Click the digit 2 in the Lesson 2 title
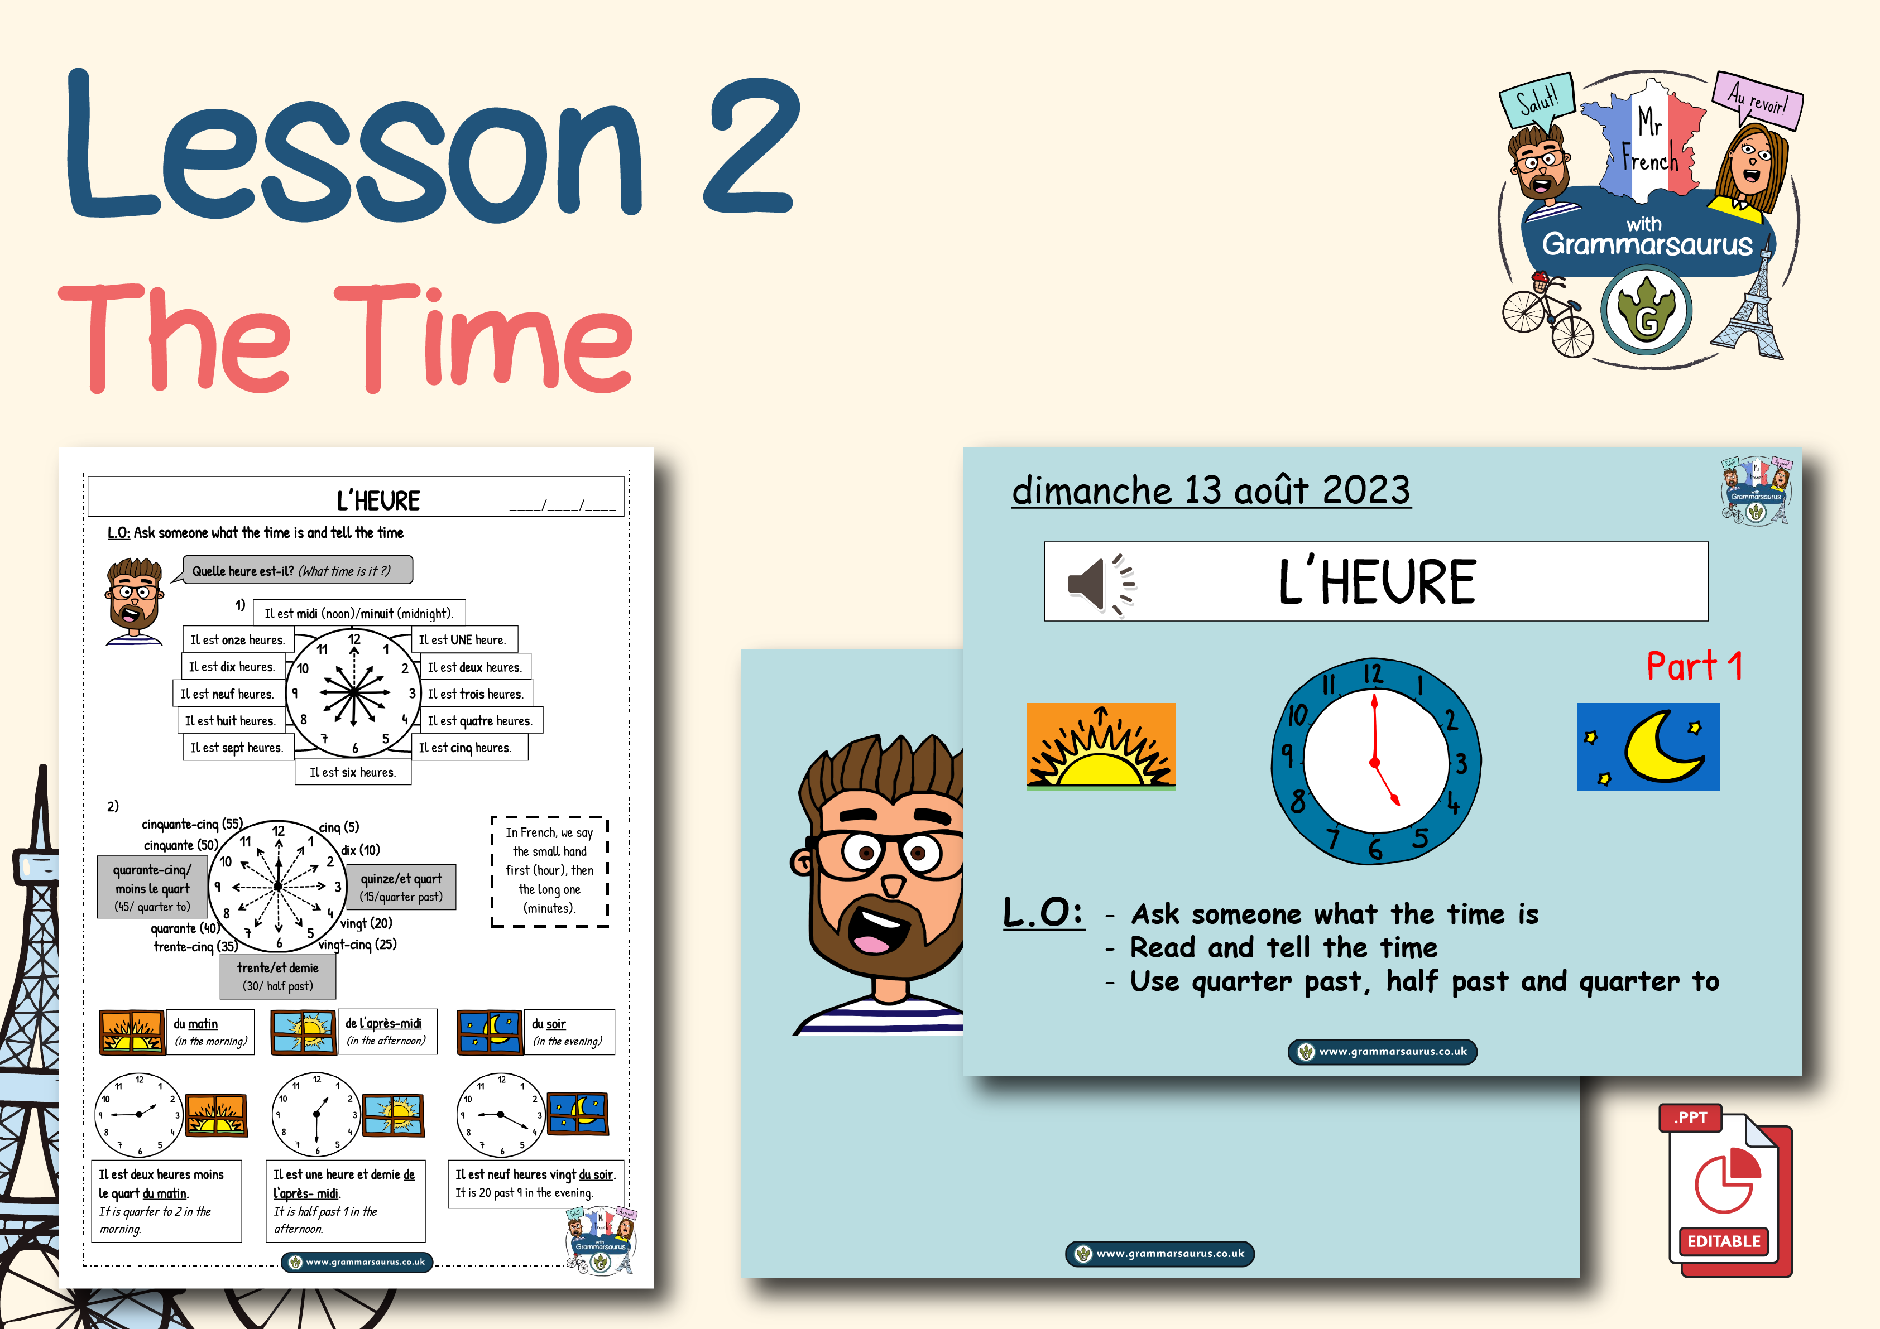750,147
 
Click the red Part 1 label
1694,666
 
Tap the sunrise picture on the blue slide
1101,747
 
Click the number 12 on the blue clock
1373,675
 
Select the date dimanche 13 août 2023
1211,490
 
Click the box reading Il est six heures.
353,772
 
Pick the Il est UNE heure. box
463,640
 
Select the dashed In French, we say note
549,871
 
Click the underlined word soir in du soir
556,1024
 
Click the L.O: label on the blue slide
1043,912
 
